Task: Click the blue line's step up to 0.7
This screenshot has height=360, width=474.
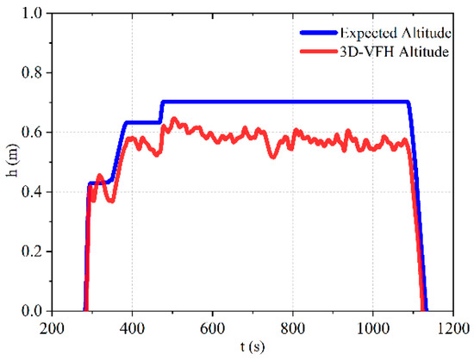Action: click(161, 111)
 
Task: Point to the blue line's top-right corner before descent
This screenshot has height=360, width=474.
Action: click(407, 102)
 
